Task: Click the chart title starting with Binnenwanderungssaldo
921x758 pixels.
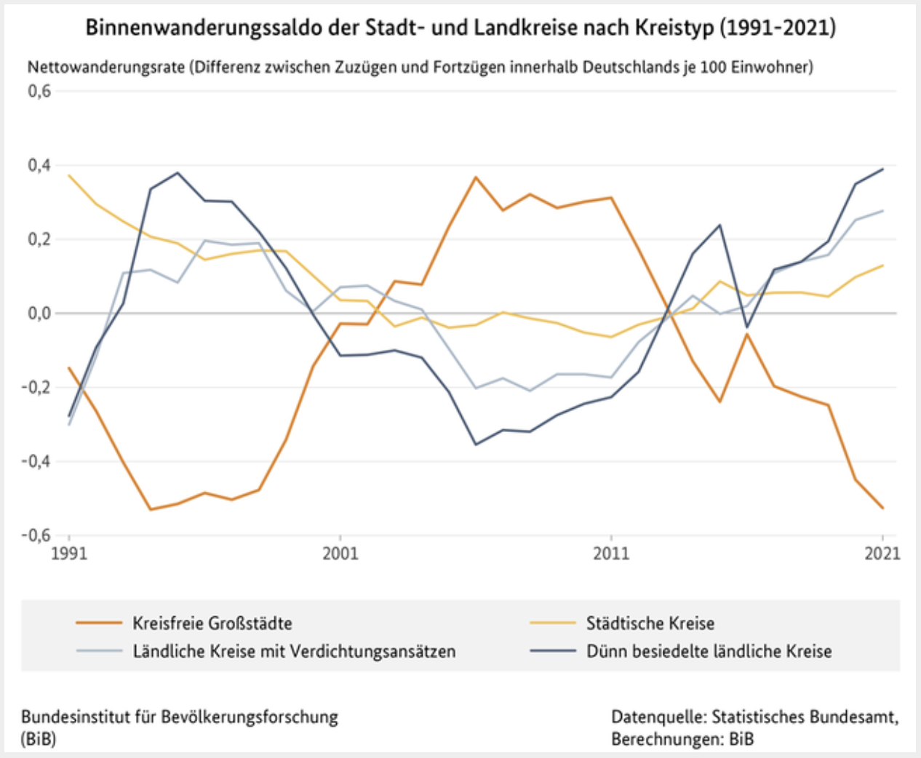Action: pyautogui.click(x=460, y=28)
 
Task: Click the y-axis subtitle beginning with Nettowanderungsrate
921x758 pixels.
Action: pyautogui.click(x=420, y=67)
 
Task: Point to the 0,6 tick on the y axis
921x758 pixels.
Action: pyautogui.click(x=39, y=91)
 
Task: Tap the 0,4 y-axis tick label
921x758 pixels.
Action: pyautogui.click(x=39, y=165)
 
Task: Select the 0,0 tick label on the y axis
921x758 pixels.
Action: pyautogui.click(x=39, y=313)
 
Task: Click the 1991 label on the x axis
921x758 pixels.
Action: pyautogui.click(x=70, y=554)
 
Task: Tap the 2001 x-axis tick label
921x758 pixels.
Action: pyautogui.click(x=340, y=554)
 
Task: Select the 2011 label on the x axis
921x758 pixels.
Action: pyautogui.click(x=611, y=554)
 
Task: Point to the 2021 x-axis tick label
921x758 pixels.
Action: pyautogui.click(x=882, y=554)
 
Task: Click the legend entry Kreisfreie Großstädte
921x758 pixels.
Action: pyautogui.click(x=212, y=623)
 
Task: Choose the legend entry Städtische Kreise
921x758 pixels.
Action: pyautogui.click(x=650, y=623)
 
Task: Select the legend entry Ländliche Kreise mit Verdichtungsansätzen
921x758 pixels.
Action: pyautogui.click(x=294, y=651)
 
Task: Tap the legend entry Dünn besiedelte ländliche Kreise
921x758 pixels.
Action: pyautogui.click(x=709, y=651)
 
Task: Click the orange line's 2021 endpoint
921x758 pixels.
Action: pyautogui.click(x=883, y=508)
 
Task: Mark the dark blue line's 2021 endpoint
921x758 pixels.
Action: pyautogui.click(x=883, y=169)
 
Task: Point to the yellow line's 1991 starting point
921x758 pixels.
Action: pyautogui.click(x=70, y=175)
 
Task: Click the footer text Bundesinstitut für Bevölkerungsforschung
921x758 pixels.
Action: pyautogui.click(x=180, y=717)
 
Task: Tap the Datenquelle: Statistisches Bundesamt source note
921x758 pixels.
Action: pyautogui.click(x=754, y=717)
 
